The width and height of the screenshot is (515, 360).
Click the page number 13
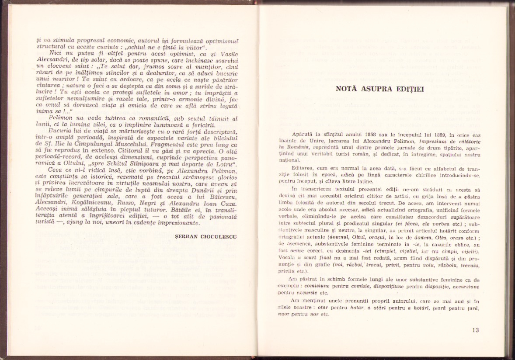[476, 330]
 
